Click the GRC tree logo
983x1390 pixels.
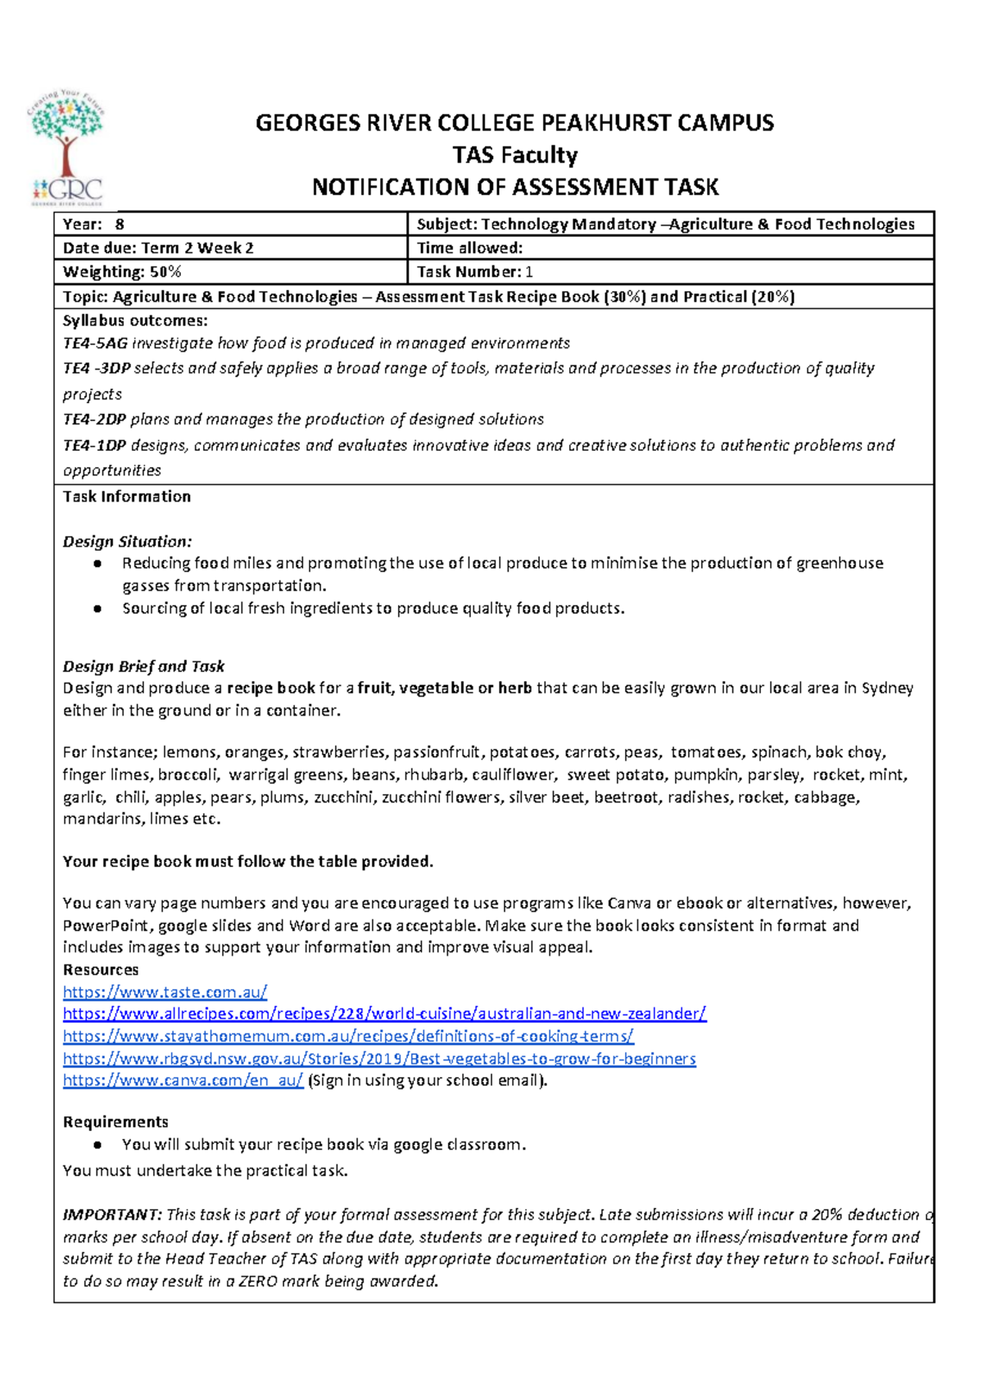[67, 148]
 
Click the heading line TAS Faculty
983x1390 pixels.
[514, 155]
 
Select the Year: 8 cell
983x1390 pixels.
[230, 225]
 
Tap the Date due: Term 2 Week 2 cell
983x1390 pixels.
[230, 248]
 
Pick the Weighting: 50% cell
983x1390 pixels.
[230, 272]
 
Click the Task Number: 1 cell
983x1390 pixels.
[669, 272]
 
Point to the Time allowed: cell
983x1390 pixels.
[669, 248]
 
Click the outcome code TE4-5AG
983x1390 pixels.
[95, 343]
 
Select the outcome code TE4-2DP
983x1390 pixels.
[94, 420]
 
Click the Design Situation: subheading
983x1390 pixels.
[128, 542]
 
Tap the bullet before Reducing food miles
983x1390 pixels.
[97, 564]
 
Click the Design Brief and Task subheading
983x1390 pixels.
[143, 666]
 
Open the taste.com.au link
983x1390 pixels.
[165, 992]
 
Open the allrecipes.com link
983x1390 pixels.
[384, 1014]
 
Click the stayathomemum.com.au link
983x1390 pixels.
[348, 1036]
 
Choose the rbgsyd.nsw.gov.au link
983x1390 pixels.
[379, 1058]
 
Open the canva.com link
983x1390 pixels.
[183, 1080]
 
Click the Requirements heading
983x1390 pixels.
[116, 1122]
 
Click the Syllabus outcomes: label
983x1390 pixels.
[135, 320]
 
